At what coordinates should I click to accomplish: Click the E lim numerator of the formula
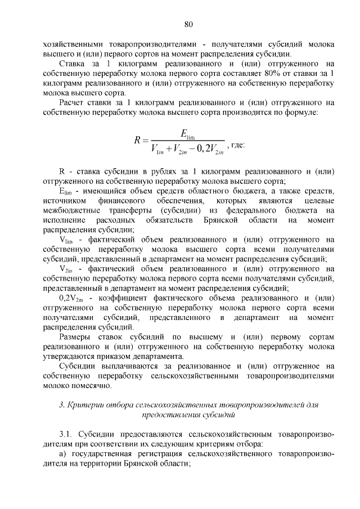[188, 133]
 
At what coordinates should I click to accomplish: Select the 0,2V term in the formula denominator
[205, 148]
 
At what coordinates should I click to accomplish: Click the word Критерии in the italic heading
[83, 406]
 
